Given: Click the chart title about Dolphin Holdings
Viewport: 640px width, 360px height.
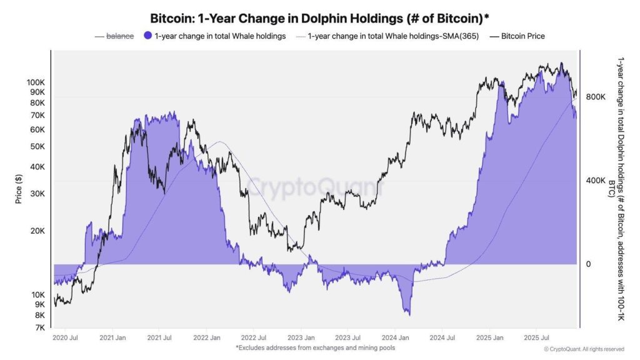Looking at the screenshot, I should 319,17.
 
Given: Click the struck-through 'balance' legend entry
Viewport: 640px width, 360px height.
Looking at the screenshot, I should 119,36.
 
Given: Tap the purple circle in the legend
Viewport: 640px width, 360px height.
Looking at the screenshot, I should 147,36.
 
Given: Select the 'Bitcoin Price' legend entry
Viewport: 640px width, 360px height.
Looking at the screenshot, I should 522,36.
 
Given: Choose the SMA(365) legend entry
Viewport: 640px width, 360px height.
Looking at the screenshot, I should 393,36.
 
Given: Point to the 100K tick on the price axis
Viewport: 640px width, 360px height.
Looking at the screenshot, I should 35,82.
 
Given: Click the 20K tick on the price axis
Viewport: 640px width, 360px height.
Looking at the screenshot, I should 37,231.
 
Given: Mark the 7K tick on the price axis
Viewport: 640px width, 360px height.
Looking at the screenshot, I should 39,327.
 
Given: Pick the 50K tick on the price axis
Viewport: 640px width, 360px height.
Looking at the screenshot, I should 37,146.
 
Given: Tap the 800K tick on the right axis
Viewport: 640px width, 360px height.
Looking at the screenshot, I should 596,97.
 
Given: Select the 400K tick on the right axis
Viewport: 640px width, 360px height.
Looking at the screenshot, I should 596,181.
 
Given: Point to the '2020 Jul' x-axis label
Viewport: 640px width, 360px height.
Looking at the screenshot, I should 66,337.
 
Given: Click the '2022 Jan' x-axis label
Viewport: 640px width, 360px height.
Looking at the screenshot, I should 207,337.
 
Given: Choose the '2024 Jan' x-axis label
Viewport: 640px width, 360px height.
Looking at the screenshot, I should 395,337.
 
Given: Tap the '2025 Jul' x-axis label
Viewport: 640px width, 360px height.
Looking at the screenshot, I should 536,337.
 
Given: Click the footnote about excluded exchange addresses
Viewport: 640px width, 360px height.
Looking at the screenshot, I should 315,347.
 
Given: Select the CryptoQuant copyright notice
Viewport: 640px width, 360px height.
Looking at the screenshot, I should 584,349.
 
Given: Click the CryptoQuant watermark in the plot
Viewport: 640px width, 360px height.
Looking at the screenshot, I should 312,186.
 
